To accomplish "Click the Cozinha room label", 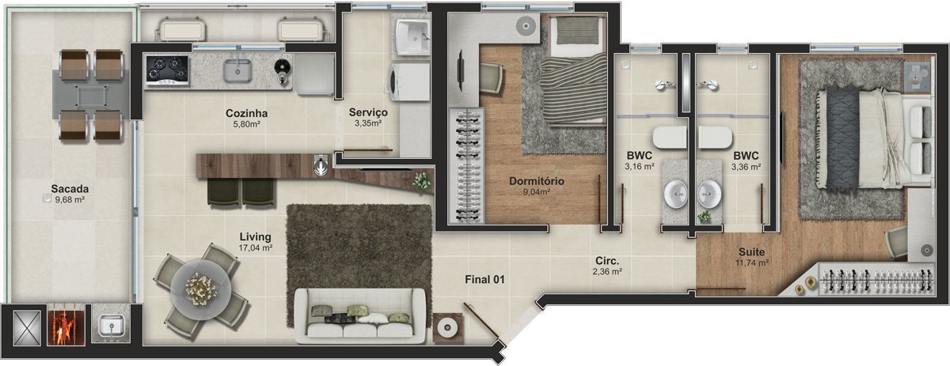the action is pyautogui.click(x=246, y=114).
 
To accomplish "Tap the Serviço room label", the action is pyautogui.click(x=368, y=113).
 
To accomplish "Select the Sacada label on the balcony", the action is pyautogui.click(x=70, y=189).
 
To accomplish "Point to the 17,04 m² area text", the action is pyautogui.click(x=255, y=248).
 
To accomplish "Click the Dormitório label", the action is pyautogui.click(x=537, y=181).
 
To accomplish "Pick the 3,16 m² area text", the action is pyautogui.click(x=639, y=167).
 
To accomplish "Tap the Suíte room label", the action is pyautogui.click(x=752, y=252).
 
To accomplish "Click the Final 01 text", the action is pyautogui.click(x=484, y=280).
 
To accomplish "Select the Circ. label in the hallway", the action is pyautogui.click(x=607, y=261).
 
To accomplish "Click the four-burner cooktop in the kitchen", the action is pyautogui.click(x=167, y=69).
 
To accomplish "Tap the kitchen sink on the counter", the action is pyautogui.click(x=237, y=70).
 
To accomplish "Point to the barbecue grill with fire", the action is pyautogui.click(x=66, y=325).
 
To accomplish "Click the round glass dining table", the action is pyautogui.click(x=200, y=289).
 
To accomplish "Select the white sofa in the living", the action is pyautogui.click(x=360, y=315).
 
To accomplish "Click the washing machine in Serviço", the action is pyautogui.click(x=410, y=82).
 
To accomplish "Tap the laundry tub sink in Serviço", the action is pyautogui.click(x=412, y=37).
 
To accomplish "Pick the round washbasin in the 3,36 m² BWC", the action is pyautogui.click(x=709, y=194).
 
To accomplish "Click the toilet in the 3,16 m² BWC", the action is pyautogui.click(x=669, y=138).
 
